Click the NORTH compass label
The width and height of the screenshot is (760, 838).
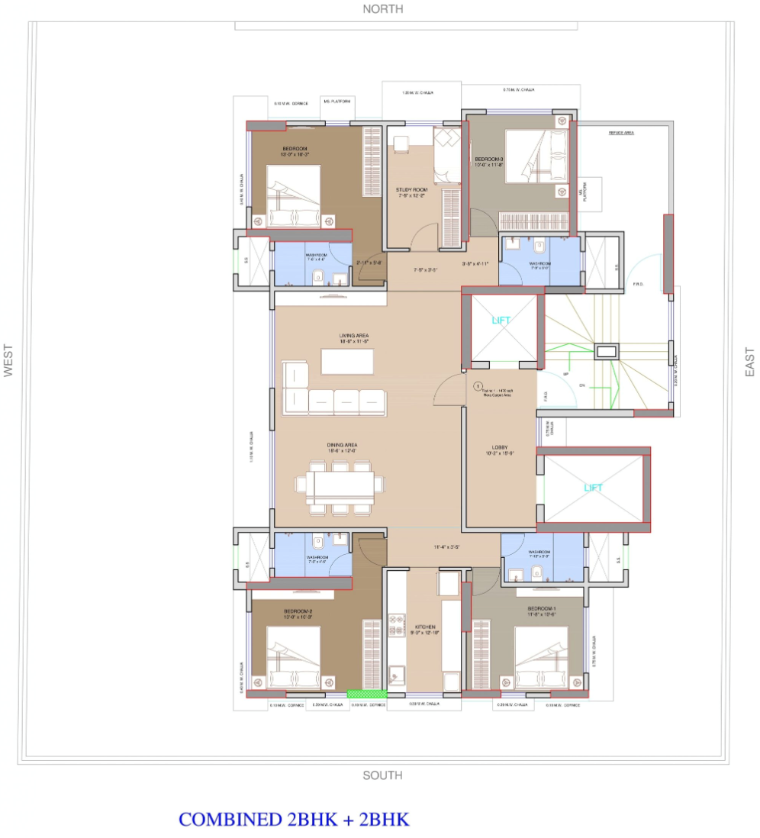[383, 9]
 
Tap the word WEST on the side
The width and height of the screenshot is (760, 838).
[8, 360]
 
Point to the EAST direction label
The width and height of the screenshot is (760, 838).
[749, 360]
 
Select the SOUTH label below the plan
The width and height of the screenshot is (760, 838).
[382, 775]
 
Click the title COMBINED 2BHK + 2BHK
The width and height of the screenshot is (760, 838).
[294, 820]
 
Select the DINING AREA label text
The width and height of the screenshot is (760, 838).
[343, 445]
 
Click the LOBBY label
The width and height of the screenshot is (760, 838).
[501, 448]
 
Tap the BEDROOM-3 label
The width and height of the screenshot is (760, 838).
[489, 159]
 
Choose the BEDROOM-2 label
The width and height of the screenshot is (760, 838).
[298, 611]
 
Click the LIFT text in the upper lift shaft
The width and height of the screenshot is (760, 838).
[502, 321]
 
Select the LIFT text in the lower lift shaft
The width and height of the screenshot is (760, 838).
[594, 487]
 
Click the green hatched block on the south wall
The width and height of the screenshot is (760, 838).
[357, 694]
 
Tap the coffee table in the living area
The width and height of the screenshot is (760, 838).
[347, 361]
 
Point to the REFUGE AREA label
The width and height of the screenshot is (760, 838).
[621, 133]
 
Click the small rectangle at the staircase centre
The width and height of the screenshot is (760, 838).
[606, 352]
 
